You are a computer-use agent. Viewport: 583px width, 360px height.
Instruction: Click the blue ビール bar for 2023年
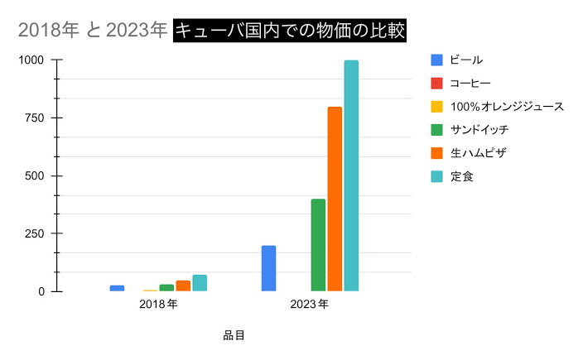tap(268, 268)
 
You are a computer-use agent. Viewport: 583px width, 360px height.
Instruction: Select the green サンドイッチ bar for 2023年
tap(318, 245)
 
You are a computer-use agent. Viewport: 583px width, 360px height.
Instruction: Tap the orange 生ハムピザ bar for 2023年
tap(335, 199)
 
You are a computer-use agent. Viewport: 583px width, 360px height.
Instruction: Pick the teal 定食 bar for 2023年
tap(351, 175)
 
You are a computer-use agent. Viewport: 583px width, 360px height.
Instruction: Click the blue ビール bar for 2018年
tap(117, 288)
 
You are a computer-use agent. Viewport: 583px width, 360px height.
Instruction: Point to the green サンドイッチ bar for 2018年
tap(166, 288)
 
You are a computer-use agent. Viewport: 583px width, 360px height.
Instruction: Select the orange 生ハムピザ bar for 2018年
tap(183, 286)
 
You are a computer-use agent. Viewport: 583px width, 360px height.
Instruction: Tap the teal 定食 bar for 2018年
tap(200, 283)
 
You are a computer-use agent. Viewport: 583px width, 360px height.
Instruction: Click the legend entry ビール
tap(466, 60)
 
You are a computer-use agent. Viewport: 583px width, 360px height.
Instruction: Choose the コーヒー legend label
tap(470, 83)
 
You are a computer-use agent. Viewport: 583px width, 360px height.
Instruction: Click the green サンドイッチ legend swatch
tap(436, 130)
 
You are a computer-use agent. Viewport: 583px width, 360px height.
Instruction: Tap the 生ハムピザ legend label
tap(479, 153)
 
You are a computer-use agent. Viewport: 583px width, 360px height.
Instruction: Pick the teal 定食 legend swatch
tap(436, 176)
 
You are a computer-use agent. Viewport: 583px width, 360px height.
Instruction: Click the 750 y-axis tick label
tap(35, 118)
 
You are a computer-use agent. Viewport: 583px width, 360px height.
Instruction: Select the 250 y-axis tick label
tap(35, 233)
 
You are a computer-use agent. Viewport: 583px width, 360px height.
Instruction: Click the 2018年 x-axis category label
tap(158, 305)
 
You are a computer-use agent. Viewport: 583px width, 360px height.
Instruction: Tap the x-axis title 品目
tap(234, 335)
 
